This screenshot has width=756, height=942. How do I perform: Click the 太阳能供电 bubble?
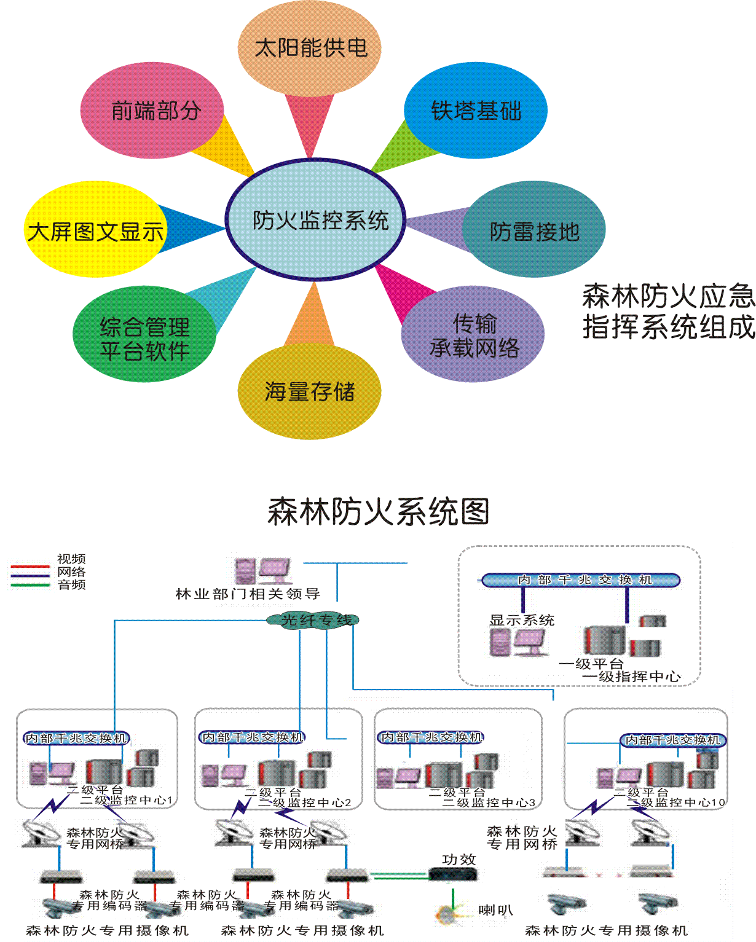click(310, 48)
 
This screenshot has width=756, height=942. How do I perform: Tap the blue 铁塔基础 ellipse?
click(476, 111)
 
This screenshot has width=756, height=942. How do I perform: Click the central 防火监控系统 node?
click(316, 220)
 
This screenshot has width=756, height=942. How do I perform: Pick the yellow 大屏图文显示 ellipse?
click(95, 231)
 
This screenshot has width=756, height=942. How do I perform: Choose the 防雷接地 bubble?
click(534, 231)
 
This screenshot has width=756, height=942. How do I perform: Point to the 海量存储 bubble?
click(309, 391)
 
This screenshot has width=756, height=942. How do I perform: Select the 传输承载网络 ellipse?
click(473, 335)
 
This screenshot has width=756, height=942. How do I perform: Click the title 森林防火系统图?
click(378, 511)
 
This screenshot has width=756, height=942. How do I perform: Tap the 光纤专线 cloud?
click(313, 620)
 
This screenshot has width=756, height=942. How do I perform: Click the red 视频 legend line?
click(30, 565)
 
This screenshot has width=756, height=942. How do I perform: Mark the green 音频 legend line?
click(30, 585)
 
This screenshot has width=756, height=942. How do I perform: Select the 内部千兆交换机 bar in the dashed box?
click(581, 580)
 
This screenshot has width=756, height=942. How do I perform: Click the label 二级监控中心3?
click(489, 803)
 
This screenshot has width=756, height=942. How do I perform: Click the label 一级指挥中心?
click(631, 677)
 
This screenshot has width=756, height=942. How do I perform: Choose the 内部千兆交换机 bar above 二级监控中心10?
click(672, 740)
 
